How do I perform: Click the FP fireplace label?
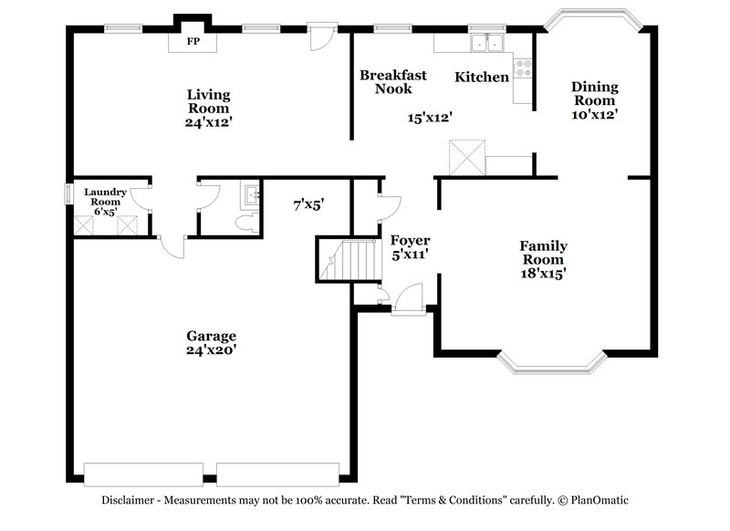coord(193,42)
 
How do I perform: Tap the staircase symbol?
coord(348,259)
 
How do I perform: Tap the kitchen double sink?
coord(486,43)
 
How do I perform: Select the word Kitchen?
coord(482,78)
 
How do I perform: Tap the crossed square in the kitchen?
coord(465,157)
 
